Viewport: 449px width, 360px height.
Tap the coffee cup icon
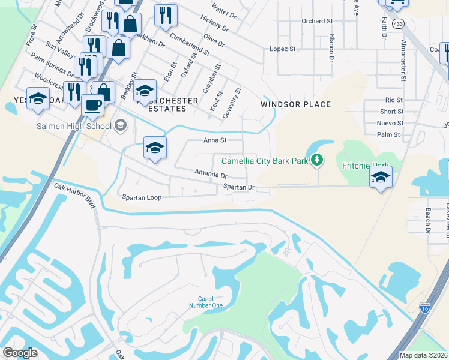tap(92, 105)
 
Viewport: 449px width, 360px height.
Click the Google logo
tap(20, 353)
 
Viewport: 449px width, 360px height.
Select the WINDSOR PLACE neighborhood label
tap(295, 104)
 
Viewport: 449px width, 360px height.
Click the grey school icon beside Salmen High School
tap(121, 125)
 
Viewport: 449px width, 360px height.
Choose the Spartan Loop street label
tap(142, 197)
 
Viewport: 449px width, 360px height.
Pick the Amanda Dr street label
tap(211, 174)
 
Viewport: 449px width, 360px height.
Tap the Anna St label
tap(214, 140)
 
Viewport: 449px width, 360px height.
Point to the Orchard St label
tap(317, 21)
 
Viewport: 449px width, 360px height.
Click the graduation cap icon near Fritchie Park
tap(381, 176)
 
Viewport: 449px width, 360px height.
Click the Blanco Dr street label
tap(331, 47)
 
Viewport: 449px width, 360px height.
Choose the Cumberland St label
tap(189, 44)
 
